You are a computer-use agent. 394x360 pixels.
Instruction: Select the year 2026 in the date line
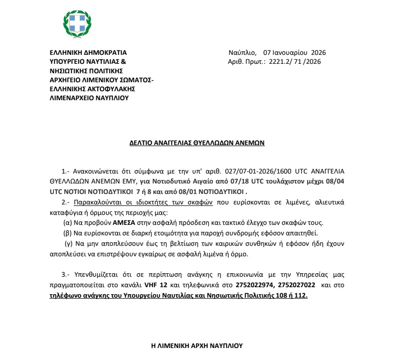318,52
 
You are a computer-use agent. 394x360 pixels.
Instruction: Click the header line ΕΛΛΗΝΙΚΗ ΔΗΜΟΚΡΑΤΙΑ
88,52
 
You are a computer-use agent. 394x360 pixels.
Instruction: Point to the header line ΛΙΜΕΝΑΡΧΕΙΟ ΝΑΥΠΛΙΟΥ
89,98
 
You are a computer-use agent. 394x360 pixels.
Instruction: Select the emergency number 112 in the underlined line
301,296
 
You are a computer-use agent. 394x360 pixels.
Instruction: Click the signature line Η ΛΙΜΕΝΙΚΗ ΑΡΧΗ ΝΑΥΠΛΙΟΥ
197,345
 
